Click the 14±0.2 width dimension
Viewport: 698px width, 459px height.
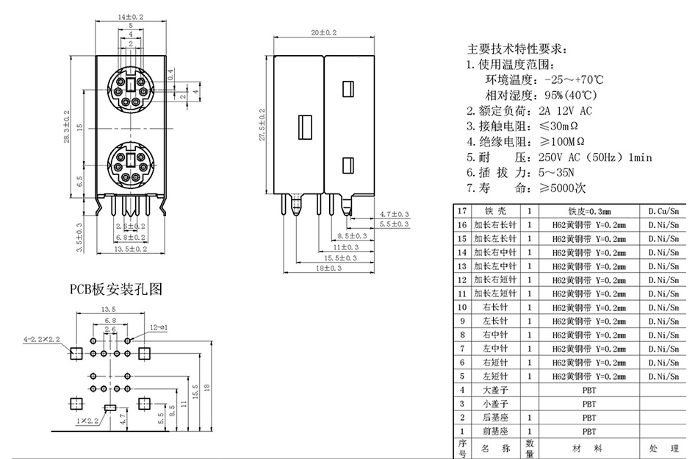129,15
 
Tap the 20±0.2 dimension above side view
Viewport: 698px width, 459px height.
323,33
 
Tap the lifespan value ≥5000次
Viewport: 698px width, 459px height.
574,188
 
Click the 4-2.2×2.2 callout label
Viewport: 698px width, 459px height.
42,340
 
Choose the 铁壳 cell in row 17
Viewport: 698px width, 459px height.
494,211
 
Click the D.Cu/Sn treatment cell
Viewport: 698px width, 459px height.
662,211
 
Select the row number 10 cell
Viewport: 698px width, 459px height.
462,307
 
